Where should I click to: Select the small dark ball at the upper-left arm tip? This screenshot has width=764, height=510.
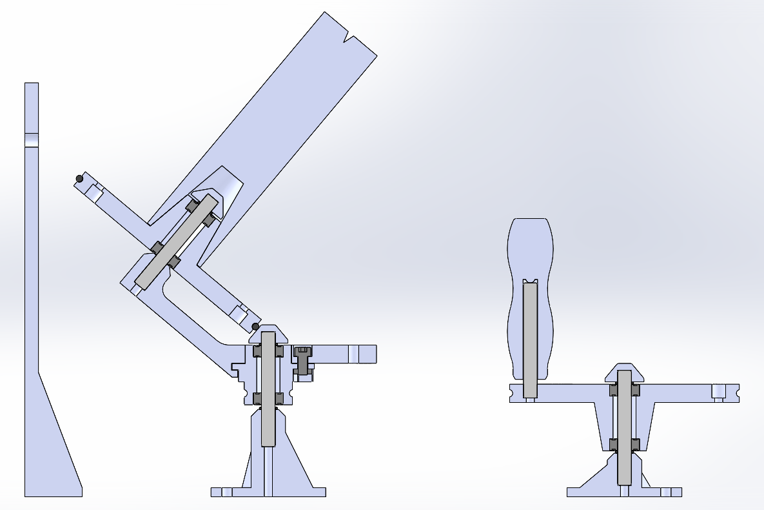79,178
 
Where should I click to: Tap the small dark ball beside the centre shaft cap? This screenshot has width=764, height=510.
255,326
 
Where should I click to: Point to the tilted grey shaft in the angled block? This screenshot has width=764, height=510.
175,241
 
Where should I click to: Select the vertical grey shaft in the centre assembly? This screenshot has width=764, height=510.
269,387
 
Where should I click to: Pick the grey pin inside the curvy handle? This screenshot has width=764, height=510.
529,339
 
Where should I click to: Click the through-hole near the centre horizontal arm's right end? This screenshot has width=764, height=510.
353,354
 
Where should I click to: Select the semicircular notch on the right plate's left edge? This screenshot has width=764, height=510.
511,391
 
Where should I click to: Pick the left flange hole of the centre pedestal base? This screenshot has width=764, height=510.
226,492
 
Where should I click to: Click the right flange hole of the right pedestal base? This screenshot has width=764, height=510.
667,492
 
